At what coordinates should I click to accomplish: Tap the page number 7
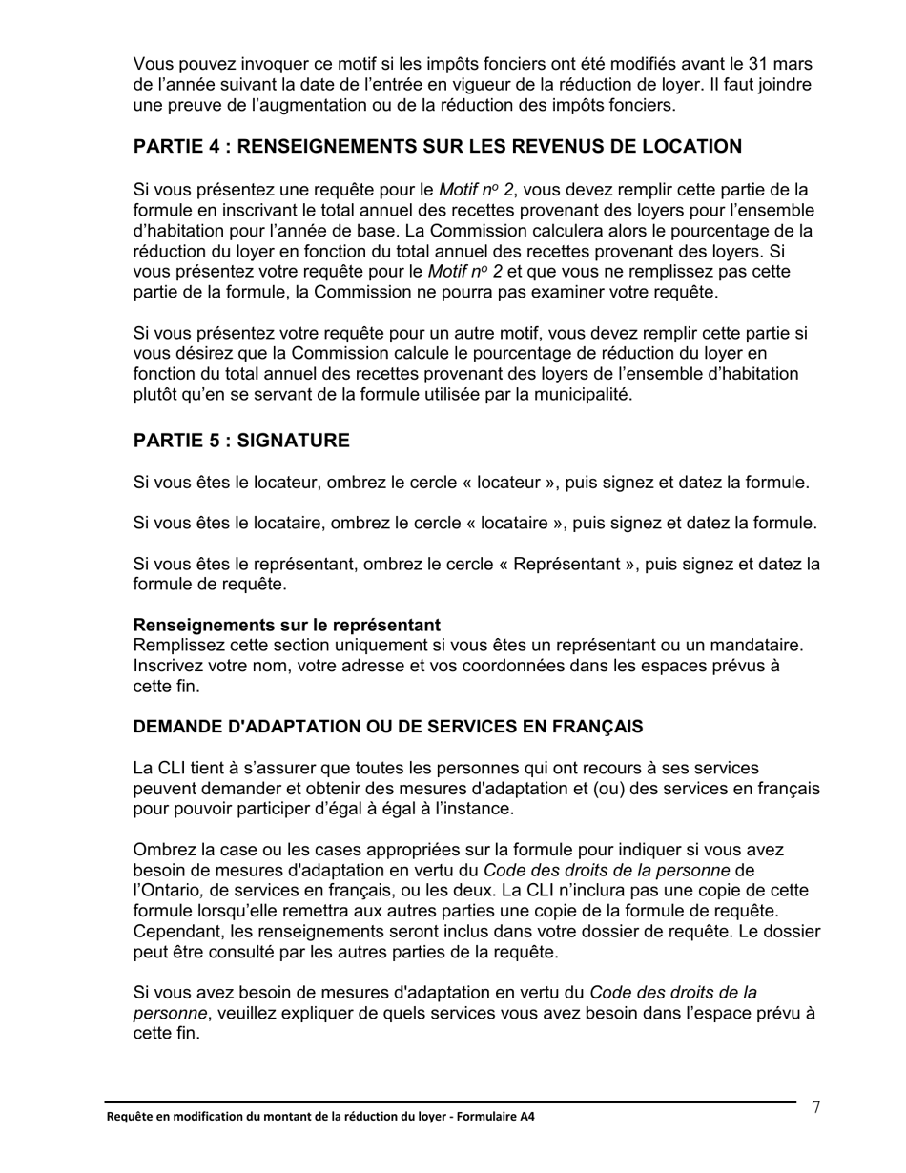(x=816, y=1107)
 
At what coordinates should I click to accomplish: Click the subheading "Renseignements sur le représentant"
(x=287, y=626)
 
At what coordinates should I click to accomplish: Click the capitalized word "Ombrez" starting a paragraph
(x=162, y=849)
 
